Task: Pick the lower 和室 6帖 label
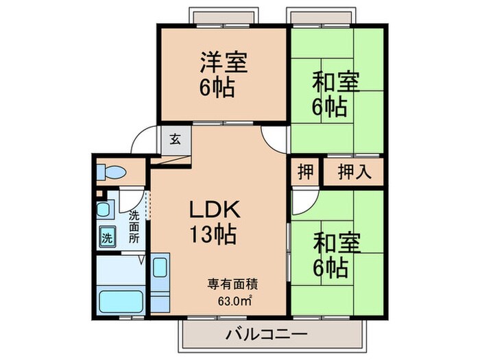click(335, 254)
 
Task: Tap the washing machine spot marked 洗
click(108, 238)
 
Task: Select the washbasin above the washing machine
click(104, 210)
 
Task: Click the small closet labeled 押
click(304, 172)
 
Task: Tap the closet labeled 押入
click(355, 172)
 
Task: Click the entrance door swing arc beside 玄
click(143, 142)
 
